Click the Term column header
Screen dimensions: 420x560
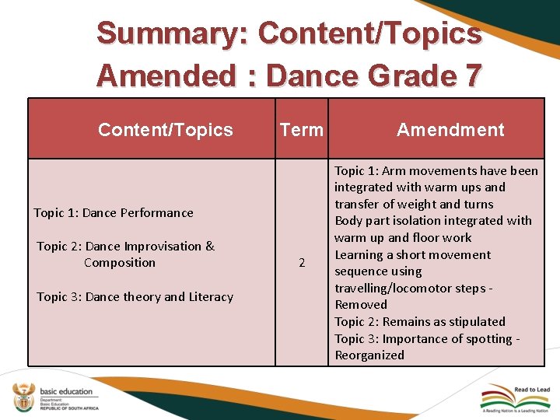click(301, 130)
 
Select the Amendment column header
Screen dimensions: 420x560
click(450, 130)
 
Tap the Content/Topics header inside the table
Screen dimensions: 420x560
click(165, 130)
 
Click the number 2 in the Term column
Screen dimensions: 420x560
click(302, 264)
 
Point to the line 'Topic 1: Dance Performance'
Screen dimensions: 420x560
click(114, 212)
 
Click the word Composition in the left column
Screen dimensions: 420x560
click(120, 263)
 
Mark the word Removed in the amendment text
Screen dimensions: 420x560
click(360, 305)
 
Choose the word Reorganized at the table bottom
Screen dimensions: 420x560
click(369, 355)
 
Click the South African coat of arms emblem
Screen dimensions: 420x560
click(23, 397)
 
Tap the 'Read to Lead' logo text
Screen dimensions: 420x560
click(531, 390)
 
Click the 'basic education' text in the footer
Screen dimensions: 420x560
click(66, 391)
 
